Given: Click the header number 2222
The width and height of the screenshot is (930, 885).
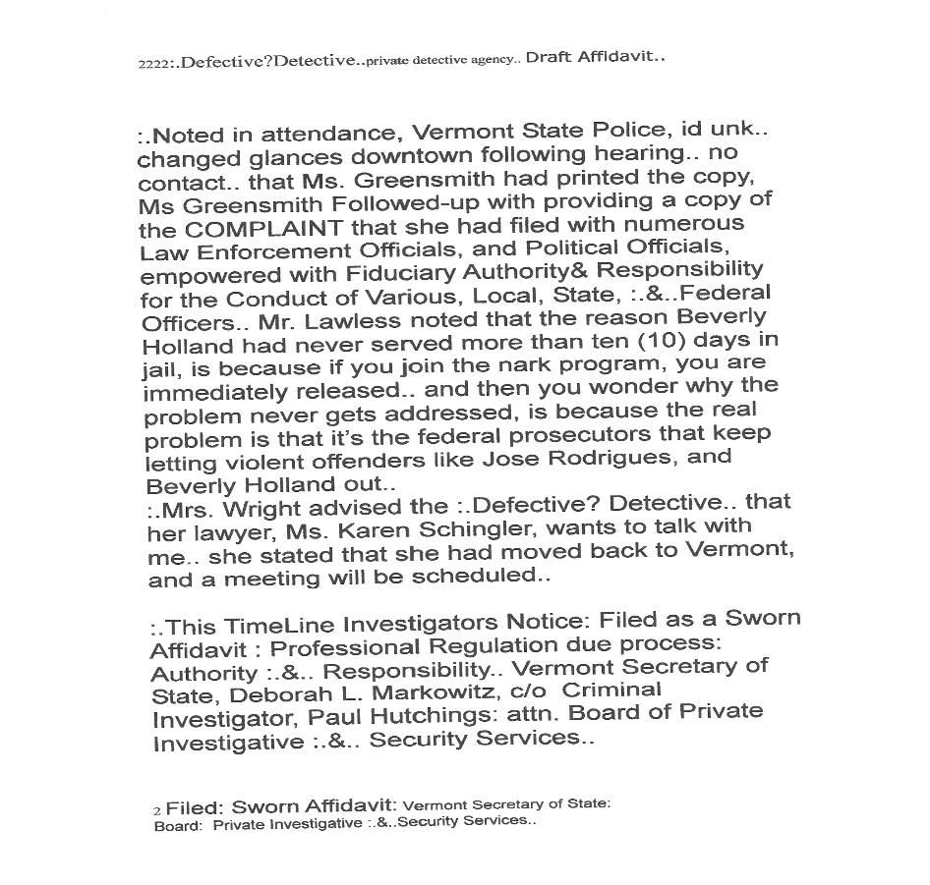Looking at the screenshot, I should coord(152,64).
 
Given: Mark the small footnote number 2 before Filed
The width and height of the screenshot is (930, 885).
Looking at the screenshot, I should coord(156,811).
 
